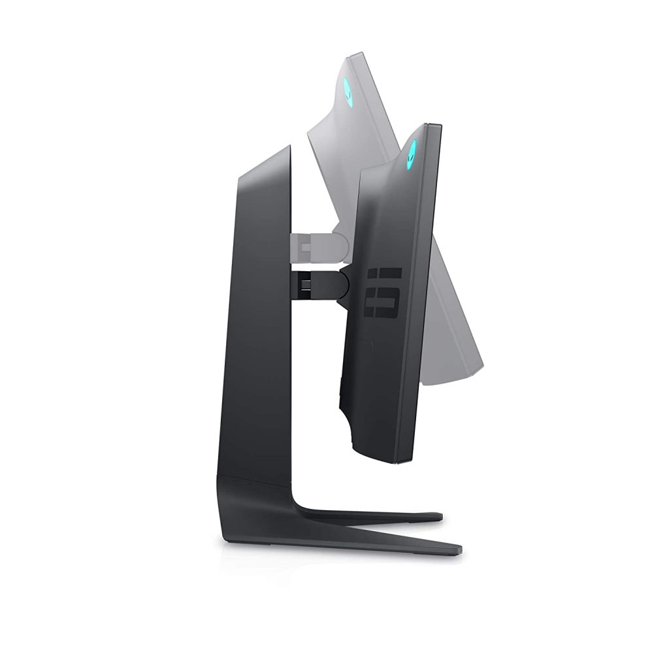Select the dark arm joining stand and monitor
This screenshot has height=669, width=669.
click(x=320, y=282)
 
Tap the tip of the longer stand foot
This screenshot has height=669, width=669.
click(x=459, y=547)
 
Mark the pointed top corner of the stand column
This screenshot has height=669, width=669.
click(x=289, y=146)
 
